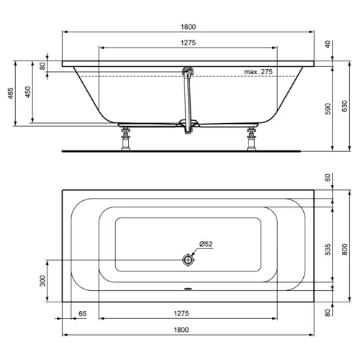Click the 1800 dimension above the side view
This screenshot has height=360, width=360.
click(x=189, y=26)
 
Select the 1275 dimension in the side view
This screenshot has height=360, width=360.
click(x=189, y=42)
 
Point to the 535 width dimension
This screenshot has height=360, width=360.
click(x=326, y=249)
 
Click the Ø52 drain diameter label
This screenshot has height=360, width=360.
click(x=206, y=244)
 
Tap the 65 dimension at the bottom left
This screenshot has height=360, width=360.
click(x=83, y=314)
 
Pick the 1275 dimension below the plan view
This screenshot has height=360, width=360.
click(x=189, y=314)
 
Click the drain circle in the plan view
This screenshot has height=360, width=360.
click(x=189, y=259)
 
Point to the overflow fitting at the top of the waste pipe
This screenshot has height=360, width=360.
click(x=189, y=71)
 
